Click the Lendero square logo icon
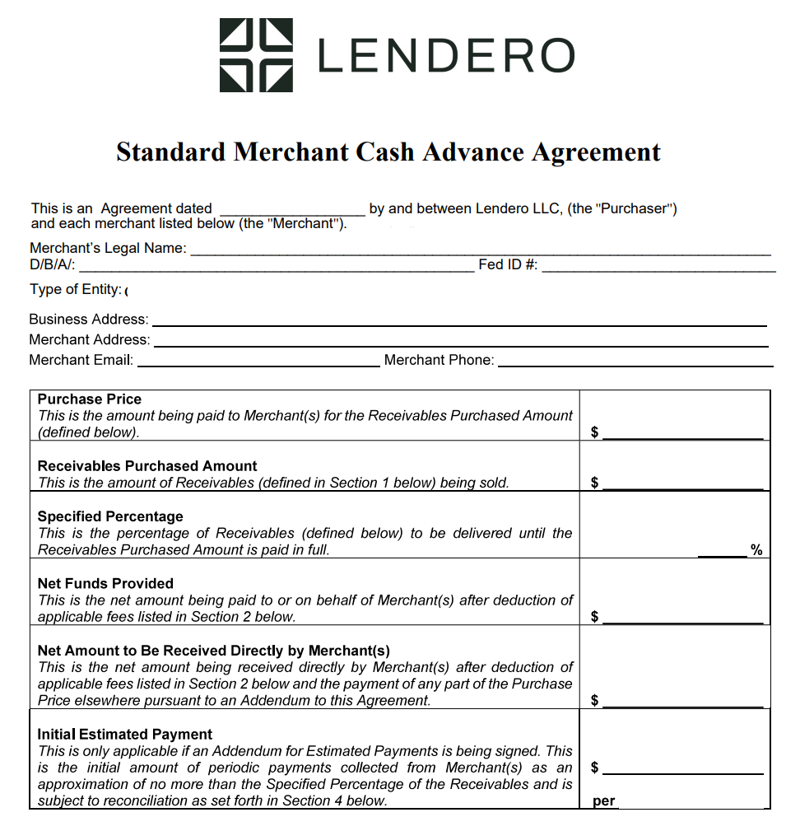[256, 55]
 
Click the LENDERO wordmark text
[445, 56]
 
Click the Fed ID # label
[508, 265]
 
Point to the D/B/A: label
[53, 265]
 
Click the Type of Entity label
[76, 290]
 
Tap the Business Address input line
[459, 324]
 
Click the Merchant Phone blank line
[635, 364]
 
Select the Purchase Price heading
[90, 399]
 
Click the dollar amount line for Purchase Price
[682, 437]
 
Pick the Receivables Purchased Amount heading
[147, 466]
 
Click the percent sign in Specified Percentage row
[756, 550]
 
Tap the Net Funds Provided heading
[105, 584]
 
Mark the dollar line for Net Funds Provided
[682, 621]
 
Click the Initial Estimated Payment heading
[125, 735]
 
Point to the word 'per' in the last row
[604, 801]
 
